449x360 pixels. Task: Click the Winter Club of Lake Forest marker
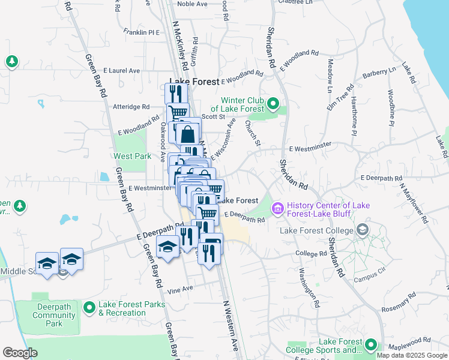273,104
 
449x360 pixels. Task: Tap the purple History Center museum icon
278,209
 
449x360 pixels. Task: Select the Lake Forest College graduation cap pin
362,230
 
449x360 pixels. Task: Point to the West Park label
133,156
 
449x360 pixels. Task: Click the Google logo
20,353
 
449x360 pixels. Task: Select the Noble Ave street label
192,4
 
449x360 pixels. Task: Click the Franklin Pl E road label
141,32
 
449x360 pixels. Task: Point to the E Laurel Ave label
121,70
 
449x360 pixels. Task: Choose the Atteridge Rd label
131,107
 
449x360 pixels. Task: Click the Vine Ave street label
180,289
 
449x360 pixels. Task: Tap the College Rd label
311,254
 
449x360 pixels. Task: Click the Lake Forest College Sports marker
371,345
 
